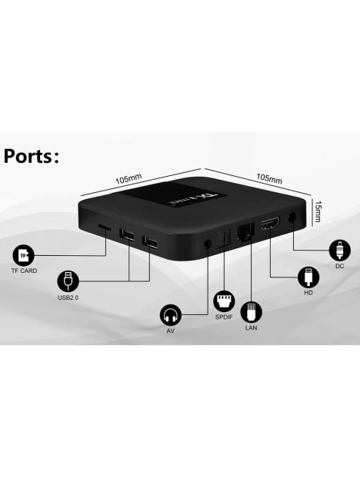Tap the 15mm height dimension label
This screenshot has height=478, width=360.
pos(318,211)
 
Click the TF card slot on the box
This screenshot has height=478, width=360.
pos(105,227)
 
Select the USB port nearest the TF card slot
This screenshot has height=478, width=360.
pos(127,234)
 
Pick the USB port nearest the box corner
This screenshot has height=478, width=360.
pos(150,242)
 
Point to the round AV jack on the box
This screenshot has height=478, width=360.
pos(208,244)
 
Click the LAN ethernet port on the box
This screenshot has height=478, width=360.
pos(245,230)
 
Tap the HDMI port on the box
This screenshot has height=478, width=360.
pos(270,224)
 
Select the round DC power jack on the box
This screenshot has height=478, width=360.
pos(292,217)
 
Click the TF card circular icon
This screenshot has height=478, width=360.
pos(23,255)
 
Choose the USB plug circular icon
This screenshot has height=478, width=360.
pos(68,280)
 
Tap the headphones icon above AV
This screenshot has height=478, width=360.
pos(170,315)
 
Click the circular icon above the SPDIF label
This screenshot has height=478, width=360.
pos(224,301)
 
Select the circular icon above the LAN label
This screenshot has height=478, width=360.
pos(251,312)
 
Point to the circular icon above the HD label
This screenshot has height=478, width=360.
pos(308,277)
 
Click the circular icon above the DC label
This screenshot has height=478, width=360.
pos(339,251)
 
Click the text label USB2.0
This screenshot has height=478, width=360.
pos(68,297)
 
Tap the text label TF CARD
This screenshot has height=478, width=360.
pos(24,271)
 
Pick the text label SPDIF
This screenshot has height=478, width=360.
pos(224,317)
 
